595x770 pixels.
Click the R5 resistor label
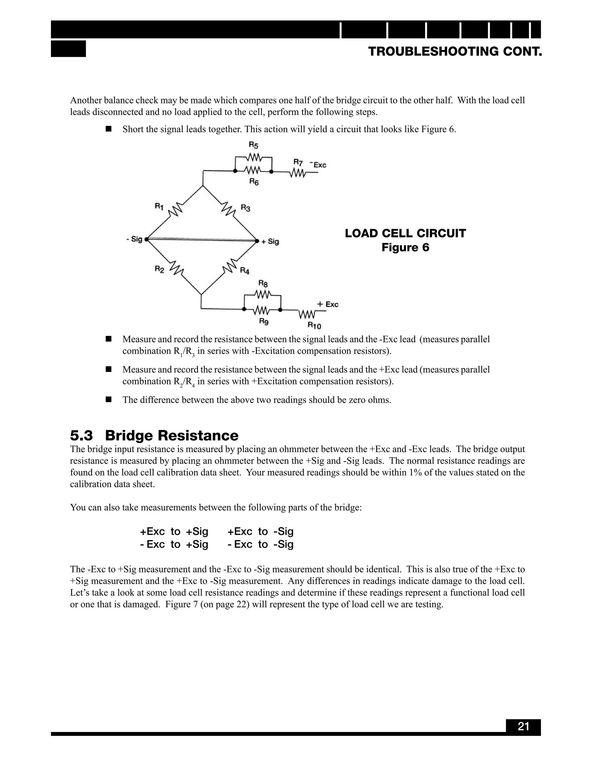pos(253,145)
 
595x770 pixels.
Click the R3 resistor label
pos(246,208)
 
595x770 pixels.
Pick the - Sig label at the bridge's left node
pos(134,239)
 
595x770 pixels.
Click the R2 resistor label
pos(159,269)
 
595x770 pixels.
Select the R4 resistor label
pos(245,271)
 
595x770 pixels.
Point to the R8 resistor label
pos(263,284)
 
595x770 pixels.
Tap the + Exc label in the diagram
pos(328,304)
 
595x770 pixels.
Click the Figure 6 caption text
pos(405,248)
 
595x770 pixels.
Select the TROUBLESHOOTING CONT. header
pos(455,52)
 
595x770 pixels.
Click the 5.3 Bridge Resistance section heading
pos(154,436)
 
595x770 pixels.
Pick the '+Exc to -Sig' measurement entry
pos(261,531)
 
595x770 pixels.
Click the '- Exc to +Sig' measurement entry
pos(174,544)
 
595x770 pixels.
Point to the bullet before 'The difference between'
pos(109,400)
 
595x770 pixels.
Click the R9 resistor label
pos(264,321)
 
